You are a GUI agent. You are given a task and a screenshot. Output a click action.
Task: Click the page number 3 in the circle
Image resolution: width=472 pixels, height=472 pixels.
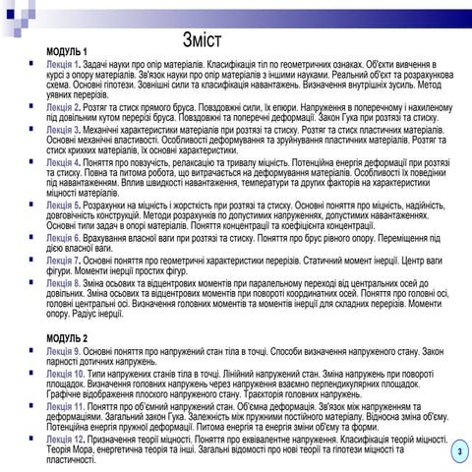click(x=457, y=451)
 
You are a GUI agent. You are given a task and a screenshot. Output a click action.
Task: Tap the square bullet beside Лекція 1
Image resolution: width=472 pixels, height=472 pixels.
click(x=34, y=61)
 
